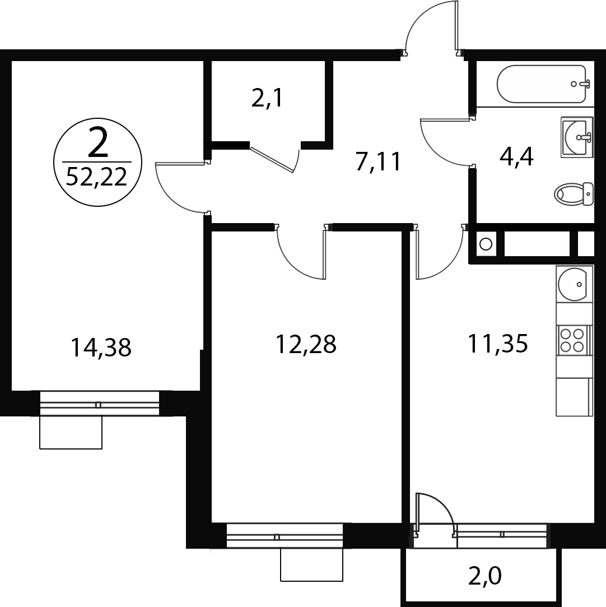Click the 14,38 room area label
click(101, 347)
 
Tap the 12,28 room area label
click(306, 344)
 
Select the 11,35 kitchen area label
click(498, 344)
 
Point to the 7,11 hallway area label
click(379, 161)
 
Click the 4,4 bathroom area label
click(516, 157)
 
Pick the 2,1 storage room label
click(267, 98)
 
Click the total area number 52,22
click(97, 177)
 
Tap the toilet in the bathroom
click(574, 194)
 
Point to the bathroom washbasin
click(577, 137)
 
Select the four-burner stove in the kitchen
click(574, 340)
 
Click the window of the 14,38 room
click(99, 404)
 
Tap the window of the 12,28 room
click(285, 535)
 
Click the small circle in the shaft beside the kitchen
click(486, 244)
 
